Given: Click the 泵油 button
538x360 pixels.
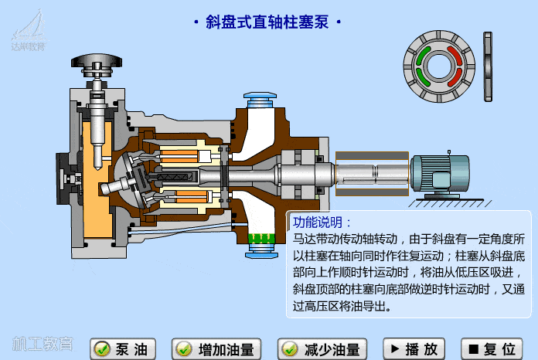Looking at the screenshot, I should click(x=124, y=349).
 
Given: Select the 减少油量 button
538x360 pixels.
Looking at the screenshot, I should click(x=321, y=349).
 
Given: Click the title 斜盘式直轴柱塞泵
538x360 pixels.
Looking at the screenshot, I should click(x=267, y=22).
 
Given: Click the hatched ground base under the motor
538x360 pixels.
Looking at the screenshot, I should click(x=448, y=202).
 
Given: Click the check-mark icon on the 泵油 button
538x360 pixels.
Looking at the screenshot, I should click(x=101, y=349).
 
